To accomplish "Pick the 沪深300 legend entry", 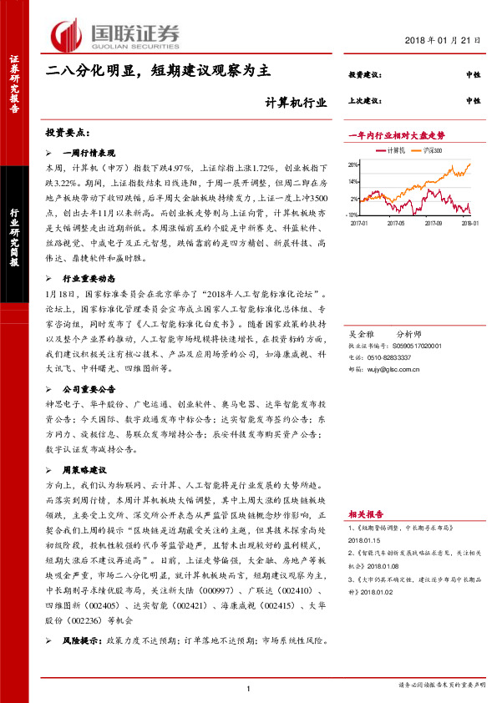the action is [x=431, y=150].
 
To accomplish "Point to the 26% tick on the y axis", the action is [x=355, y=164].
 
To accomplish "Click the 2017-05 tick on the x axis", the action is [x=396, y=224].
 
